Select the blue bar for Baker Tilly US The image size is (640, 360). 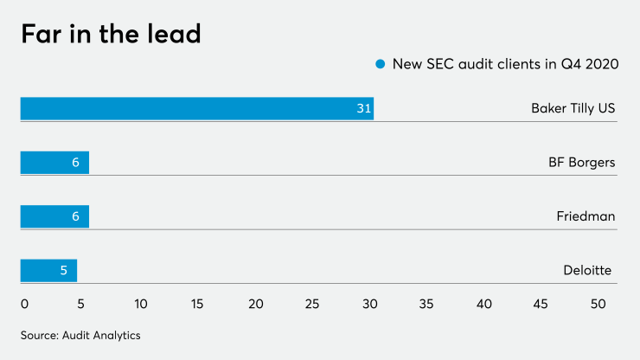(x=196, y=108)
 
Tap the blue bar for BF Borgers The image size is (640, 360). (x=54, y=163)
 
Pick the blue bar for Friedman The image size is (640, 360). (x=54, y=216)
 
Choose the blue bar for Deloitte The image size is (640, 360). (x=48, y=271)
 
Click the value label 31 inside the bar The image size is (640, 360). (x=364, y=108)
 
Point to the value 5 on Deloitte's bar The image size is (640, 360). (x=64, y=271)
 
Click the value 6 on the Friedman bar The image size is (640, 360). (x=75, y=216)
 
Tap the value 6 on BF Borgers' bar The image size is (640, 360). (x=75, y=163)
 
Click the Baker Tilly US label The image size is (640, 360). (x=573, y=108)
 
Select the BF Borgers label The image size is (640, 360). (x=581, y=163)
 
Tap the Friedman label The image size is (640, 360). (x=586, y=216)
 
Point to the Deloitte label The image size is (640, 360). (x=587, y=271)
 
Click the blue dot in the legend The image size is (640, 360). (x=379, y=64)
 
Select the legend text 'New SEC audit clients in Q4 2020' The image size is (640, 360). (x=505, y=64)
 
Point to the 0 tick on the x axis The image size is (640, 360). (x=24, y=304)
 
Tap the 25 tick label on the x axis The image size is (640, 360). (x=312, y=304)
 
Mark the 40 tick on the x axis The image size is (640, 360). (x=483, y=304)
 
